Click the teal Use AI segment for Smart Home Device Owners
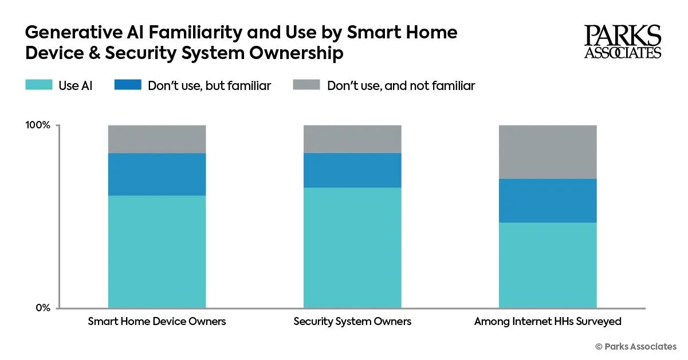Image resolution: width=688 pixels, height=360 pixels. [x=157, y=252]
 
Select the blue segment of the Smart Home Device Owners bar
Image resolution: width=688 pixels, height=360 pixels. [x=157, y=174]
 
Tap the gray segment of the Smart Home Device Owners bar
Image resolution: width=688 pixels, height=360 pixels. [x=157, y=139]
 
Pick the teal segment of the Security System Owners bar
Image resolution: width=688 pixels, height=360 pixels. [x=352, y=248]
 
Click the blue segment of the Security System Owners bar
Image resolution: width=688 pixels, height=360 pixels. [x=352, y=170]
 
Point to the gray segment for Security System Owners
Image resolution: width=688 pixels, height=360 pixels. [x=352, y=139]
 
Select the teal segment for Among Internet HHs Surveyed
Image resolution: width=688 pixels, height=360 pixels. [x=548, y=265]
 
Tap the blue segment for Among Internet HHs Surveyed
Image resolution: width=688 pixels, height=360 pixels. [x=548, y=201]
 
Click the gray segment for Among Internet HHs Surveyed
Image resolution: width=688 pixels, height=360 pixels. [x=548, y=152]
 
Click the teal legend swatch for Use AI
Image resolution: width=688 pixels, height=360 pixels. [x=38, y=85]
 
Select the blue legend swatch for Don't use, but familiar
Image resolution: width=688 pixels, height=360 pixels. [x=128, y=85]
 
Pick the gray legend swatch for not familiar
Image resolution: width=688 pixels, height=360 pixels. [x=306, y=85]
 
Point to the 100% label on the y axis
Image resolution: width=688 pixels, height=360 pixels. [x=38, y=126]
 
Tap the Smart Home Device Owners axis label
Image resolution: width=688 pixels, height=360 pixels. [x=157, y=322]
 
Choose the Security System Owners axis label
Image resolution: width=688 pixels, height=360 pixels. [x=352, y=322]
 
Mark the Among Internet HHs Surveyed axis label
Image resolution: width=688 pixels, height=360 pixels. [x=548, y=322]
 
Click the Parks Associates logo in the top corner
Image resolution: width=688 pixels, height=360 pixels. [x=623, y=42]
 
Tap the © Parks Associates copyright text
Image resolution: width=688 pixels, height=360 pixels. [x=636, y=346]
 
